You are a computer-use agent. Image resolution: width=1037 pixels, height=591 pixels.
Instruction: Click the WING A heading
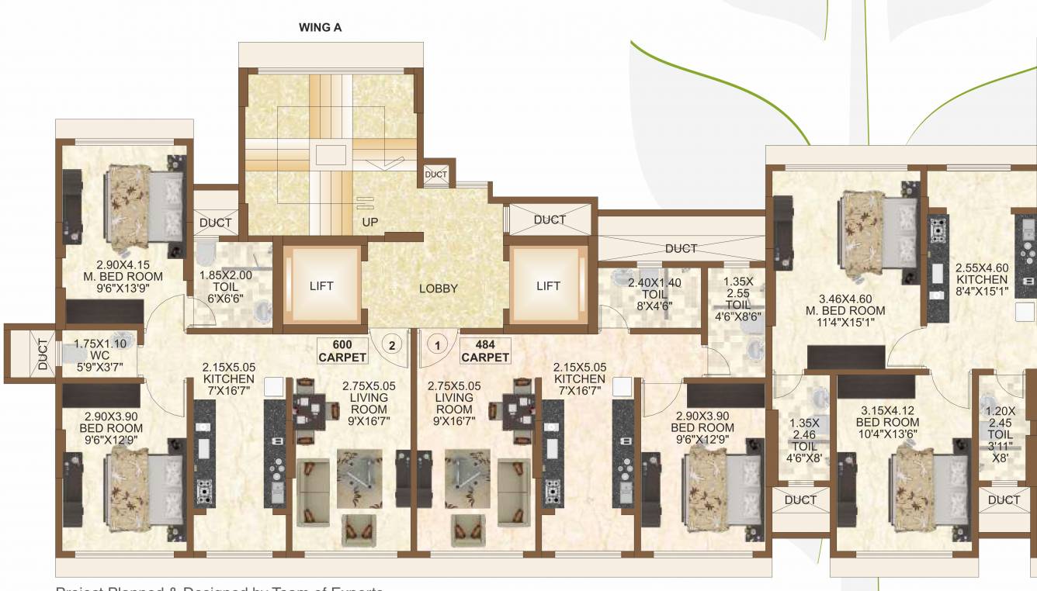pyautogui.click(x=321, y=27)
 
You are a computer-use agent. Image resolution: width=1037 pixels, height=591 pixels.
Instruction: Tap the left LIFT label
pyautogui.click(x=321, y=285)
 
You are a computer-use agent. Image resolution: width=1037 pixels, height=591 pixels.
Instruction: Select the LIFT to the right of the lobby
pyautogui.click(x=548, y=285)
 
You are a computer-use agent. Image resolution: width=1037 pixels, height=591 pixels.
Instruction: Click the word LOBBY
pyautogui.click(x=439, y=289)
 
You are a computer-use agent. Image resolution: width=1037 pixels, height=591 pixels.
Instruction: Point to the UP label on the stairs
pyautogui.click(x=370, y=222)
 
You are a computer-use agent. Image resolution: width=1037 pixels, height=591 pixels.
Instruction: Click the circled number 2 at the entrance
pyautogui.click(x=393, y=344)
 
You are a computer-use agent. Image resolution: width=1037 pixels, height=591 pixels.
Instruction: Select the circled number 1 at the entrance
pyautogui.click(x=439, y=344)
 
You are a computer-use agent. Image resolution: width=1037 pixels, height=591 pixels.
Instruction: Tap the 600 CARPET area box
pyautogui.click(x=342, y=351)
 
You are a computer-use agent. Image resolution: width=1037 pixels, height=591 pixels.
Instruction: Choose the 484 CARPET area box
pyautogui.click(x=485, y=351)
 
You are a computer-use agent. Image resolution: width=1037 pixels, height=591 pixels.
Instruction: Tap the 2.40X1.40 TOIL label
pyautogui.click(x=654, y=294)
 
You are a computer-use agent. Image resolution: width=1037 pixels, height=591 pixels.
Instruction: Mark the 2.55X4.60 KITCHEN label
pyautogui.click(x=982, y=279)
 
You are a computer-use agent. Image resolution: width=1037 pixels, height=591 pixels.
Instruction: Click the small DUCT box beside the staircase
pyautogui.click(x=436, y=175)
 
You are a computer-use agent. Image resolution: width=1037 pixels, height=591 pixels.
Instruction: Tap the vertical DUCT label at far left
pyautogui.click(x=43, y=354)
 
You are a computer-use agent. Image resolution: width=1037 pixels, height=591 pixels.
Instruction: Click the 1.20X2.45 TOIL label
pyautogui.click(x=1001, y=434)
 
